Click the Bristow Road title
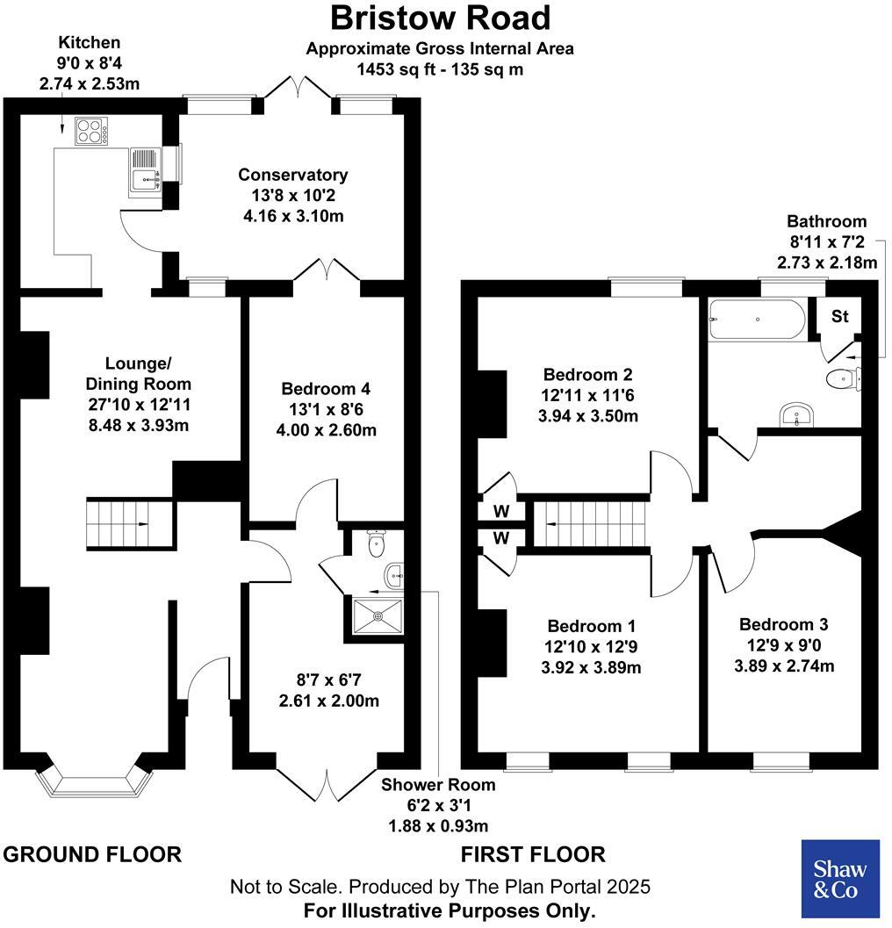440,18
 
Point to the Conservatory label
292,175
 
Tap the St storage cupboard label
840,317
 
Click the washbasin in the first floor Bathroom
798,414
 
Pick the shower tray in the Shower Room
377,614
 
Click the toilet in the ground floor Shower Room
376,544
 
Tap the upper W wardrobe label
500,511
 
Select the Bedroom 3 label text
784,625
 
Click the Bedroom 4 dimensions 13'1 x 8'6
328,410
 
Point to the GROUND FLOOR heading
93,854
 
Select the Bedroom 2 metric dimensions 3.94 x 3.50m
587,416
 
